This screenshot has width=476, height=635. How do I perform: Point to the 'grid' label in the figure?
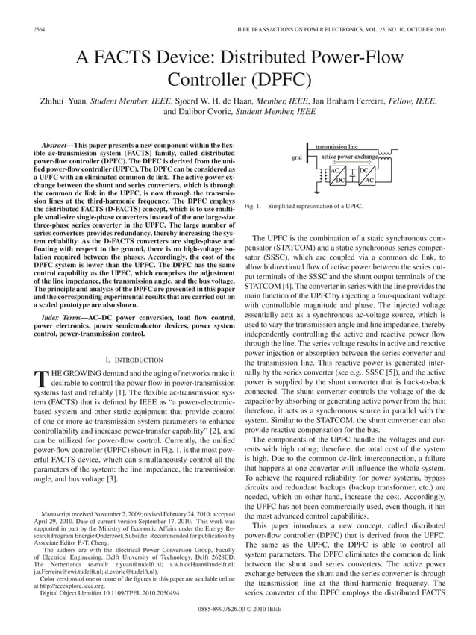[x=297, y=158]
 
